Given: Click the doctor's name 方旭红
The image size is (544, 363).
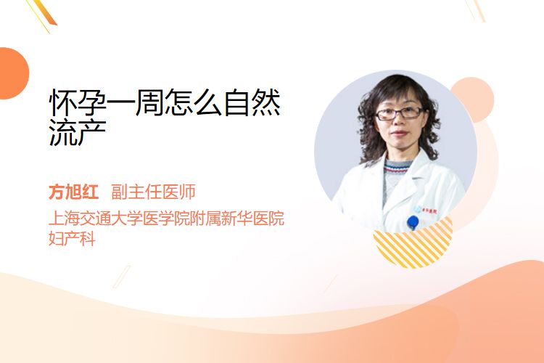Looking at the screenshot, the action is [73, 192].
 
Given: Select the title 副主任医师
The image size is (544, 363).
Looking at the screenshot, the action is [153, 192].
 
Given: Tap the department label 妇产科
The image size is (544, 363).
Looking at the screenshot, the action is [72, 239].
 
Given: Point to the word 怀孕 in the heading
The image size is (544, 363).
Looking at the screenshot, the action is [78, 103].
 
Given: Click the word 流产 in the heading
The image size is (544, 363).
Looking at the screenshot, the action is [78, 133].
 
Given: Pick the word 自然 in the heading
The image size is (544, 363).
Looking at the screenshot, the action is [252, 103].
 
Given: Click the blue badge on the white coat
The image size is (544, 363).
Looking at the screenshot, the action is [413, 222].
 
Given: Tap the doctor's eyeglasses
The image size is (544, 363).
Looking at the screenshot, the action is [400, 113].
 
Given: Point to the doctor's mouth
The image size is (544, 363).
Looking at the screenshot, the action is [399, 134].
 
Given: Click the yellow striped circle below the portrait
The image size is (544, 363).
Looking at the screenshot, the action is [413, 243].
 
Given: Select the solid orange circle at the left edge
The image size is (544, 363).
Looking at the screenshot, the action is [13, 73].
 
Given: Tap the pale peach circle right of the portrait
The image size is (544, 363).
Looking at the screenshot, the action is [474, 99].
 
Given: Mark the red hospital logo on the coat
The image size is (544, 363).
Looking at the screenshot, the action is [429, 210].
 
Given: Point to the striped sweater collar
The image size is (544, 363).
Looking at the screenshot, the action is [397, 168].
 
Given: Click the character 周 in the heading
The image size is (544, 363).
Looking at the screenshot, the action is [151, 103].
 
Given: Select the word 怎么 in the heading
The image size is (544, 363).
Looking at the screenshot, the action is [194, 103].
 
